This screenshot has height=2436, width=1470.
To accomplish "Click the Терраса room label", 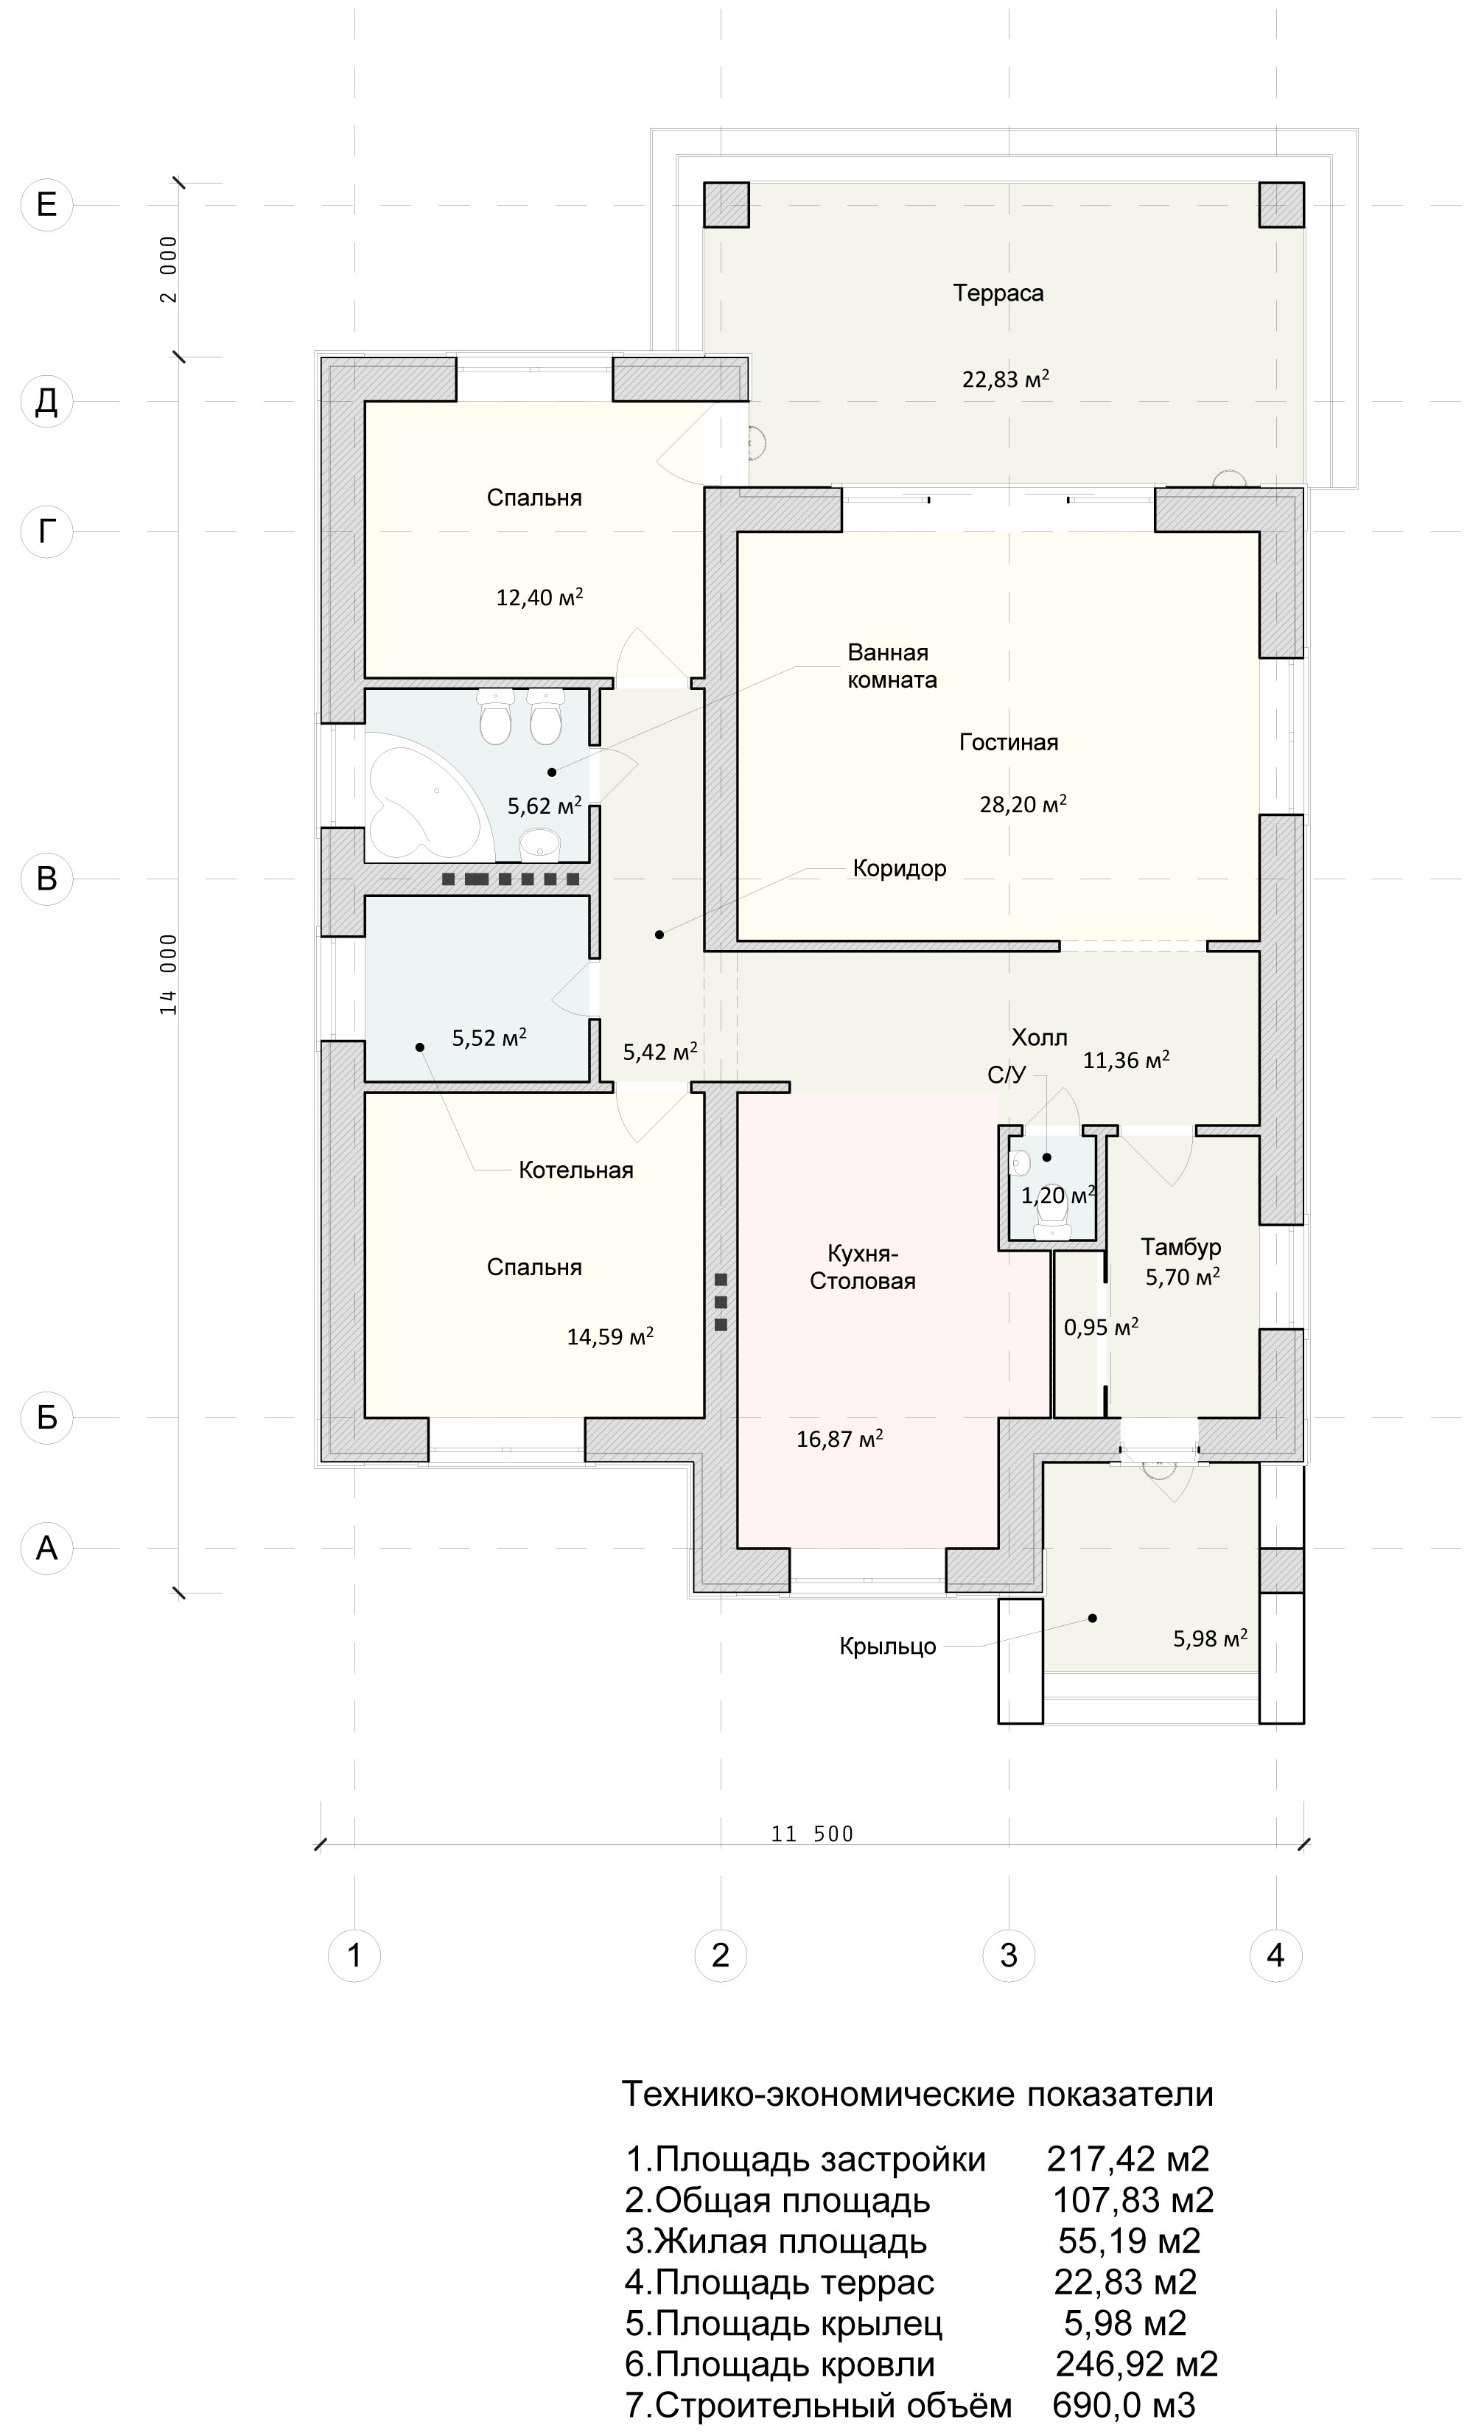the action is tap(998, 293).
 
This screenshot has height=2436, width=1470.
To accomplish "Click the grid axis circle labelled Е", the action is tap(46, 205).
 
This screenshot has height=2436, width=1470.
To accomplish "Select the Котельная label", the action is tap(575, 1170).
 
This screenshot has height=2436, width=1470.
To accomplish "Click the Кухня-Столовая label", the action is tap(863, 1268).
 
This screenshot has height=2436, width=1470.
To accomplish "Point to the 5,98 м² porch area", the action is tap(1210, 1638).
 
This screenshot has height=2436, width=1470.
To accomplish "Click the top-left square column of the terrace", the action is tap(726, 205).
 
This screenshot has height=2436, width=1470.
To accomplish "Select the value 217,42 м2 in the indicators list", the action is tap(1128, 2158).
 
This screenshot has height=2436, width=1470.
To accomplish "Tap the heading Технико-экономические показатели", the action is tap(917, 2094).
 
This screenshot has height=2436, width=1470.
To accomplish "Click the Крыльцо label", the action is tap(888, 1646).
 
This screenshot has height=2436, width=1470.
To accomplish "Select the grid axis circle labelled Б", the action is tap(46, 1417).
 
